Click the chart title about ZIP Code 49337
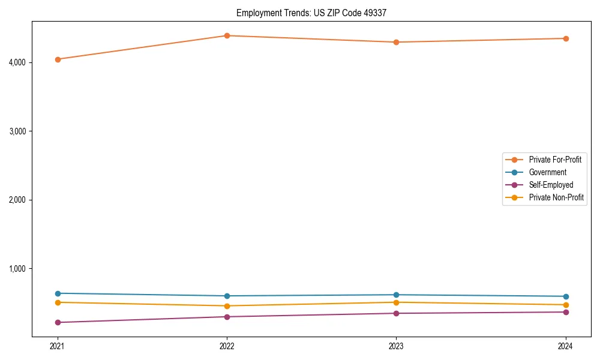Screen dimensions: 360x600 coord(316,13)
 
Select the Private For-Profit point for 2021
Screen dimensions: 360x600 coord(58,59)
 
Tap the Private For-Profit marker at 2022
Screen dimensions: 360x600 coord(227,35)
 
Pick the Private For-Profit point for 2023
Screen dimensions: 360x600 coord(396,42)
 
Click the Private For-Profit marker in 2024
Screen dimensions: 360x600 coord(566,38)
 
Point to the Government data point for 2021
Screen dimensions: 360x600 coord(58,293)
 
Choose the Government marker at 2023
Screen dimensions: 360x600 coord(396,295)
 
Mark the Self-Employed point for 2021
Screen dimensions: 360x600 coord(58,322)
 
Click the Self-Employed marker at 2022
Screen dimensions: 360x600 coord(227,317)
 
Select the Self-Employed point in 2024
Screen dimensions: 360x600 coord(566,312)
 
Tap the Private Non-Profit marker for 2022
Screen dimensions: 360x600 coord(227,306)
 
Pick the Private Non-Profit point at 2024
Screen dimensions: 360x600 coord(566,305)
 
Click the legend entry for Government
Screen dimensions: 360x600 coord(547,172)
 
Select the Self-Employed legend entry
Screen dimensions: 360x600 coord(551,185)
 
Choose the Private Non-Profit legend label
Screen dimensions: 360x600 coord(556,197)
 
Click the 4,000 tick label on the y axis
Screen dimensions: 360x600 coord(17,62)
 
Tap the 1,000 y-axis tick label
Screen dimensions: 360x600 coord(17,268)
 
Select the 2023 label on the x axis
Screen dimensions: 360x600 coord(396,346)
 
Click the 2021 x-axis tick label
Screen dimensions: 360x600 coord(58,346)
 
